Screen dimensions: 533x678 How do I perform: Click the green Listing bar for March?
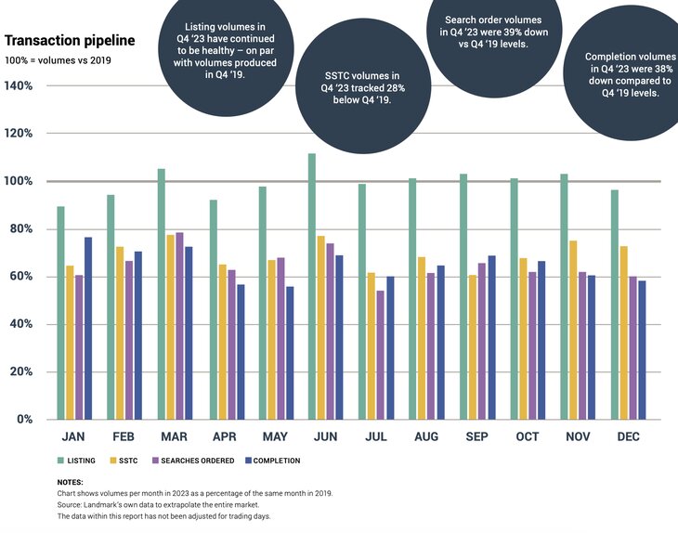161,293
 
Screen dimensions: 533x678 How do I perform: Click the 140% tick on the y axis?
20,86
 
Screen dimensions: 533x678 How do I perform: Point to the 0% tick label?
24,420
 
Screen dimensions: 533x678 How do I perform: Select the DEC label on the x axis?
627,437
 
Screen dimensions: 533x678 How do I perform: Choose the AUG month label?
426,437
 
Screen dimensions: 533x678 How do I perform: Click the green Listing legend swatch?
60,461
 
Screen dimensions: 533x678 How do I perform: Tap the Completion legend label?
277,461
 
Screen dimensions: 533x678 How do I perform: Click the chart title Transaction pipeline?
70,41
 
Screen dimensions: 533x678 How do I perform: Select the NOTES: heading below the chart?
70,482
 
